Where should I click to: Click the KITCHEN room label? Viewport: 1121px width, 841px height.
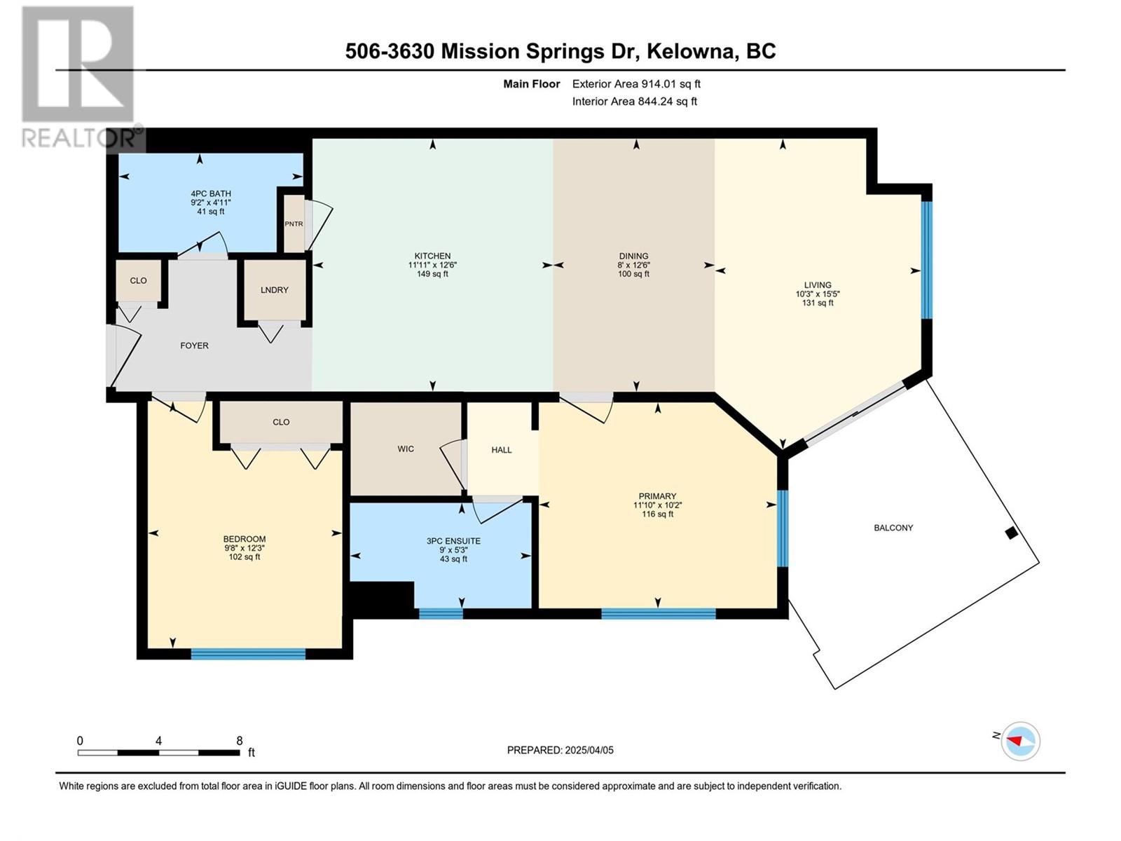[x=432, y=256]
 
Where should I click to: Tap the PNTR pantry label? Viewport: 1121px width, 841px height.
[x=294, y=224]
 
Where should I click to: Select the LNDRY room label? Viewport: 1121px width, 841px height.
[x=274, y=289]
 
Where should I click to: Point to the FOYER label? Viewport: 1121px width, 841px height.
[x=194, y=346]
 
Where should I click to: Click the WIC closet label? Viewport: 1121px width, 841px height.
[x=406, y=449]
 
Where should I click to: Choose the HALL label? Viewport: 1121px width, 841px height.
[x=502, y=450]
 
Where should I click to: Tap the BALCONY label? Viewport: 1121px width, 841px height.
[x=893, y=528]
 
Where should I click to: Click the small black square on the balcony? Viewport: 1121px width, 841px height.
[x=1011, y=533]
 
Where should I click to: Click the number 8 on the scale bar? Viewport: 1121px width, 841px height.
[x=239, y=740]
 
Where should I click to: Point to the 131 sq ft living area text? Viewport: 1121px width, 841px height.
[x=817, y=303]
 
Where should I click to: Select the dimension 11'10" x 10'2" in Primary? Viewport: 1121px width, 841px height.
[x=657, y=505]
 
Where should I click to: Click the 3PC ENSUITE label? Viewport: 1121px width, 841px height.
[x=453, y=541]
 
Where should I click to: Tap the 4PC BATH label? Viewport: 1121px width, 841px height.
[x=211, y=193]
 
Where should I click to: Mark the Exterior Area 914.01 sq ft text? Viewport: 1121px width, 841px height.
[x=636, y=83]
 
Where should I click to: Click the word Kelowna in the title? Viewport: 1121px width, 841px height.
[x=692, y=51]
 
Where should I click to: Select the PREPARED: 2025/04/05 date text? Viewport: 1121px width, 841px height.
[x=560, y=750]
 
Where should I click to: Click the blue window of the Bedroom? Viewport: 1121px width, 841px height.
[x=248, y=654]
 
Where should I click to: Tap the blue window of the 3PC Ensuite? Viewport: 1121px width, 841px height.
[x=441, y=614]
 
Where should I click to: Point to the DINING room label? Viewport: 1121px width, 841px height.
[x=633, y=256]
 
